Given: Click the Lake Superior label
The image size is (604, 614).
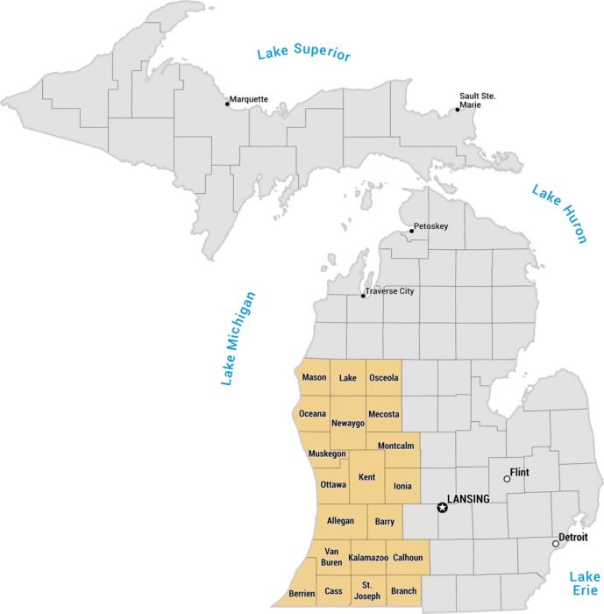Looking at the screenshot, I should (303, 54).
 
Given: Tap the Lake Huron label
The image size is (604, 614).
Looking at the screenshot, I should (558, 213).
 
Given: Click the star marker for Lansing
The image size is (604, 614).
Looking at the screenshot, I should (442, 507).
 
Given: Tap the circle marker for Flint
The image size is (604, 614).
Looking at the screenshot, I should (507, 479).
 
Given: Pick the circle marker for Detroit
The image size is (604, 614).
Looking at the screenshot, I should (555, 544).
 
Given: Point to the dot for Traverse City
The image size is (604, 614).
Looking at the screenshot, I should (363, 296).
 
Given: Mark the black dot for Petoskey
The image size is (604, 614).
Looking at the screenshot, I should (411, 232).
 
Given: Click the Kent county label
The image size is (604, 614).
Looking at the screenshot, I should (367, 476).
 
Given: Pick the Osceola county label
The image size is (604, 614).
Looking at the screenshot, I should (384, 378).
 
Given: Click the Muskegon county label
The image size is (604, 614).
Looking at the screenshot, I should (327, 453).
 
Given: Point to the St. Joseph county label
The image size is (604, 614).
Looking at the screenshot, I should (367, 591).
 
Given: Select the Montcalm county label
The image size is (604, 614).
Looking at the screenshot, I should (395, 446).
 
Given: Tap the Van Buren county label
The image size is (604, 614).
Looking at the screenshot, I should (331, 557).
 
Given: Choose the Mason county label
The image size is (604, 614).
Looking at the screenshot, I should (314, 378).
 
